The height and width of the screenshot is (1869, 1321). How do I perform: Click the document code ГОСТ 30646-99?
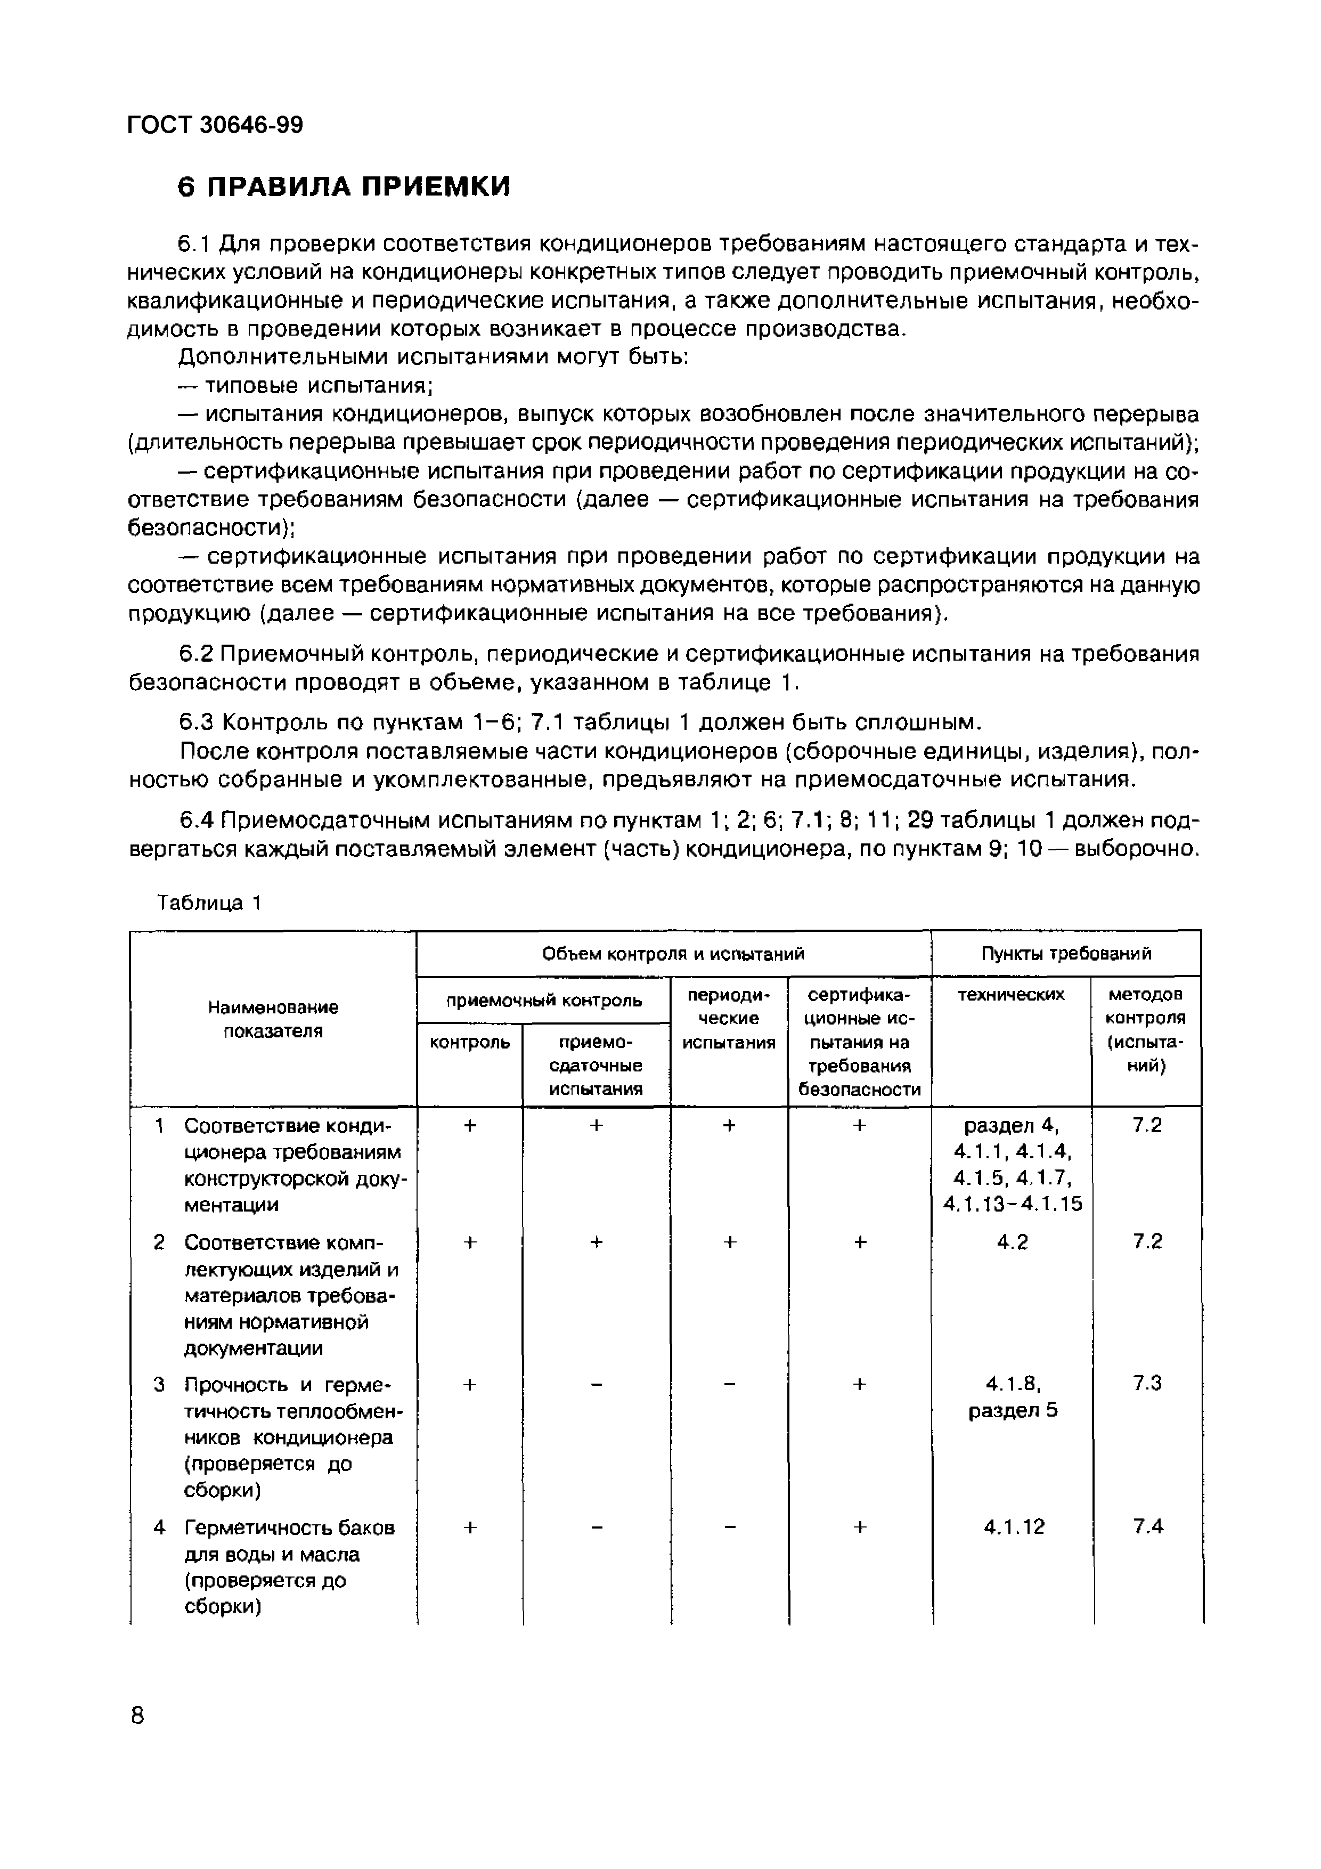click(x=215, y=125)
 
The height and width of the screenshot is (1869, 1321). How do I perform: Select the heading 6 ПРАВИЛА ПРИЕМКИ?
click(x=343, y=186)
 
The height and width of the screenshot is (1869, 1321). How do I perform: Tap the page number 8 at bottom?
click(x=137, y=1715)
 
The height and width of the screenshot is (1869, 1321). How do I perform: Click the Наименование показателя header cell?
click(x=273, y=1019)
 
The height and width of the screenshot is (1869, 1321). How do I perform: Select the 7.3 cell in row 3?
click(x=1147, y=1383)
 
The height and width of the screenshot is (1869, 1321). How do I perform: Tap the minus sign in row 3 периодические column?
click(x=729, y=1384)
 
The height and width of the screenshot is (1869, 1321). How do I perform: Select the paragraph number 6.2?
click(x=195, y=654)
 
